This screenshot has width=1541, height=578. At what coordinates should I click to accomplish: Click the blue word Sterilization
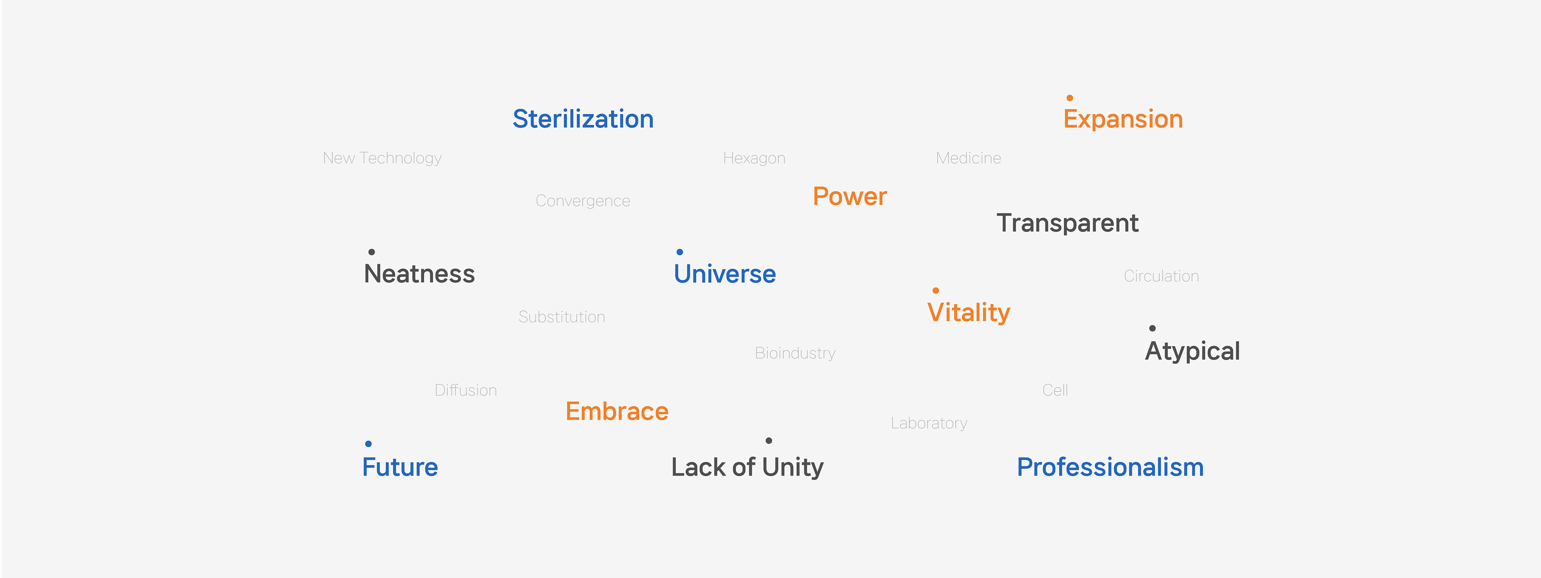pos(583,119)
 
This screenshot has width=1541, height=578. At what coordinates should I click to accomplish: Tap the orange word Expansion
pos(1123,120)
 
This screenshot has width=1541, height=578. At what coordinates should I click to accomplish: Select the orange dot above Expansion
pos(1069,98)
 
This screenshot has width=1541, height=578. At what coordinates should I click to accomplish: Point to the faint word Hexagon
pos(754,159)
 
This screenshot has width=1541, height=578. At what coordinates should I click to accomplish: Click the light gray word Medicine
pos(968,158)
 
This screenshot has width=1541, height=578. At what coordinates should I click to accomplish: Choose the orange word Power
pos(850,196)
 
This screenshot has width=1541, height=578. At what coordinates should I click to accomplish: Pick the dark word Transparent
pos(1067,223)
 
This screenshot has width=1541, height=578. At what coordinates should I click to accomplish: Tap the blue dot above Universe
pos(679,252)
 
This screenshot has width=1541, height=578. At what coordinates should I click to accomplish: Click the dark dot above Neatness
pos(372,252)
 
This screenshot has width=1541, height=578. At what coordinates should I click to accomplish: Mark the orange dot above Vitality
pos(935,291)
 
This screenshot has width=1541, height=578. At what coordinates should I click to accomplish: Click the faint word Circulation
pos(1161,276)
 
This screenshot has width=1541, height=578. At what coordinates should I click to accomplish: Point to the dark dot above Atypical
pos(1152,328)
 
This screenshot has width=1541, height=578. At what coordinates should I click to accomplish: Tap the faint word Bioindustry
pos(795,353)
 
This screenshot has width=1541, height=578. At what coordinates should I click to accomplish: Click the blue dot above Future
pos(368,444)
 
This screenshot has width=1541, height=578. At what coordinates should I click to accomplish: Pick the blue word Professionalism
pos(1110,467)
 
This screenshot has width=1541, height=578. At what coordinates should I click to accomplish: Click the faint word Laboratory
pos(929,423)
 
